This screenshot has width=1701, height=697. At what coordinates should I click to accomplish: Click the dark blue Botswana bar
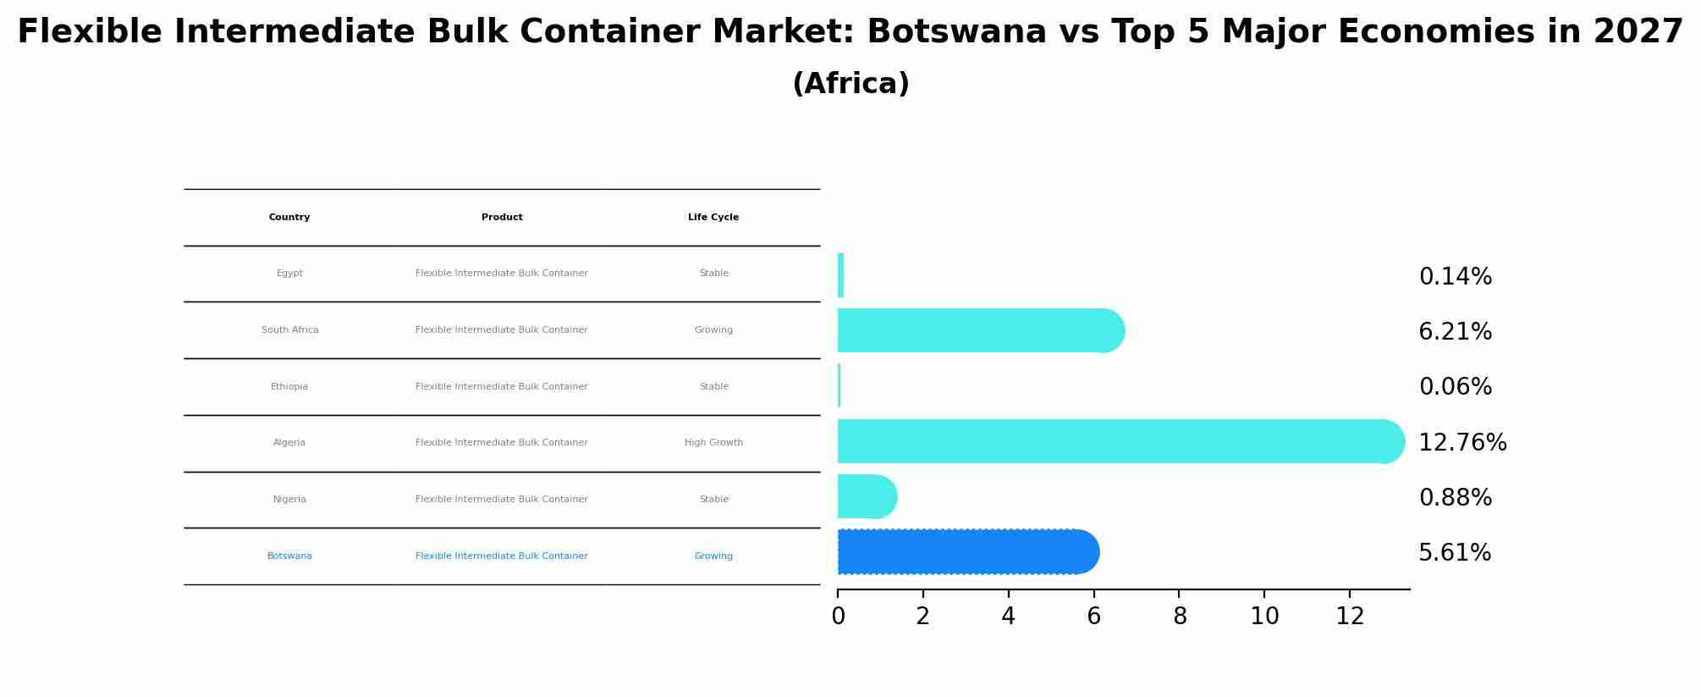point(965,552)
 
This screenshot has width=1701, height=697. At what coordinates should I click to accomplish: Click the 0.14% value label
point(1455,277)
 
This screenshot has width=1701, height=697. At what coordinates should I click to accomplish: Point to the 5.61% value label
point(1454,553)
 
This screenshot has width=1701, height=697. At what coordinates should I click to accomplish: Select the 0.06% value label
point(1455,387)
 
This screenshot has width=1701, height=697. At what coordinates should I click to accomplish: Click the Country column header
point(289,218)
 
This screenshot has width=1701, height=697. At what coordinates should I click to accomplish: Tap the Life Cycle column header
point(713,218)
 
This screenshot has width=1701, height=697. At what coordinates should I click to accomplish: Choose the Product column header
point(502,218)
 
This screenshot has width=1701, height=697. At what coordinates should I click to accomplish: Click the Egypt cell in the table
point(289,274)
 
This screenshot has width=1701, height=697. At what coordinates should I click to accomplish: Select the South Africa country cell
point(289,330)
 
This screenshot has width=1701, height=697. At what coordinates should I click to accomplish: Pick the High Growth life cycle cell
point(713,443)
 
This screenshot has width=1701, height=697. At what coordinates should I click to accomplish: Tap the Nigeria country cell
point(289,500)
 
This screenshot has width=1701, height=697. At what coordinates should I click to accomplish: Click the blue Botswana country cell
point(289,556)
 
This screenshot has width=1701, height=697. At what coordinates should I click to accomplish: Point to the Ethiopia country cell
point(289,387)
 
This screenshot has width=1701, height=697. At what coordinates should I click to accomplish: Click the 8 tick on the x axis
point(1180,617)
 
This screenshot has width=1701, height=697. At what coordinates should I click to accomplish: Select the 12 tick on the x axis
point(1350,617)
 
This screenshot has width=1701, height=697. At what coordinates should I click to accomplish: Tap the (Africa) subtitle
point(850,84)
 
